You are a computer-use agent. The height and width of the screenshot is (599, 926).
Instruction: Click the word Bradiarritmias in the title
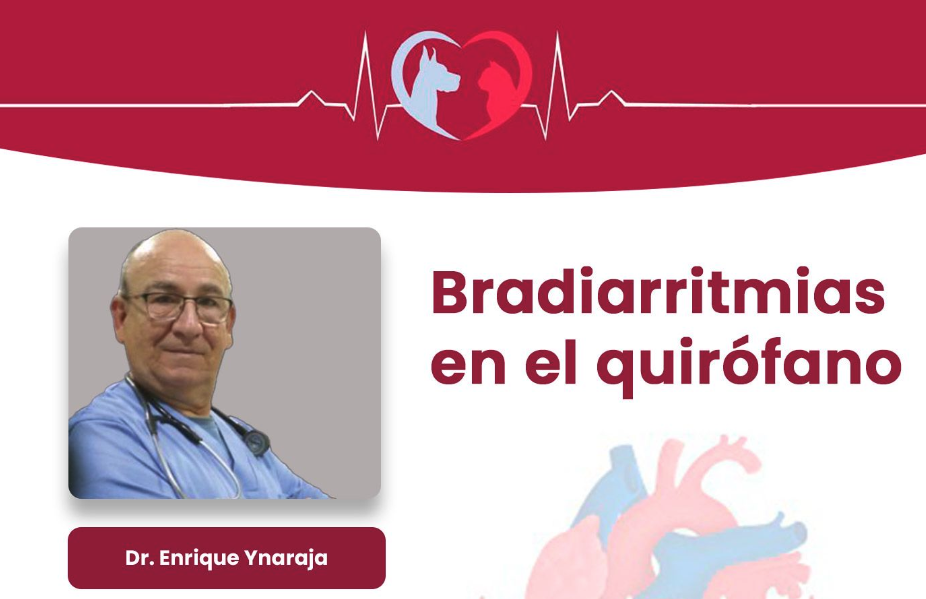(658, 292)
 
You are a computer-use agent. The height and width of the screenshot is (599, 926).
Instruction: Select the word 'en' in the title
(468, 367)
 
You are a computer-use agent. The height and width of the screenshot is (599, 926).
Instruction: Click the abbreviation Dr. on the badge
(139, 558)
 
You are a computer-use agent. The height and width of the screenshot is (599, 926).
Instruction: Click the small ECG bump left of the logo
(311, 98)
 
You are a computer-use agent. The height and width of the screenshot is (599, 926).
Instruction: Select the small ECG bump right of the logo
(612, 98)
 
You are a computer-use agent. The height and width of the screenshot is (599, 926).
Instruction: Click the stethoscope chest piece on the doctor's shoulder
(257, 442)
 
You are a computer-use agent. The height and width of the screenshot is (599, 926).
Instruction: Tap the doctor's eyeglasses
(181, 307)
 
